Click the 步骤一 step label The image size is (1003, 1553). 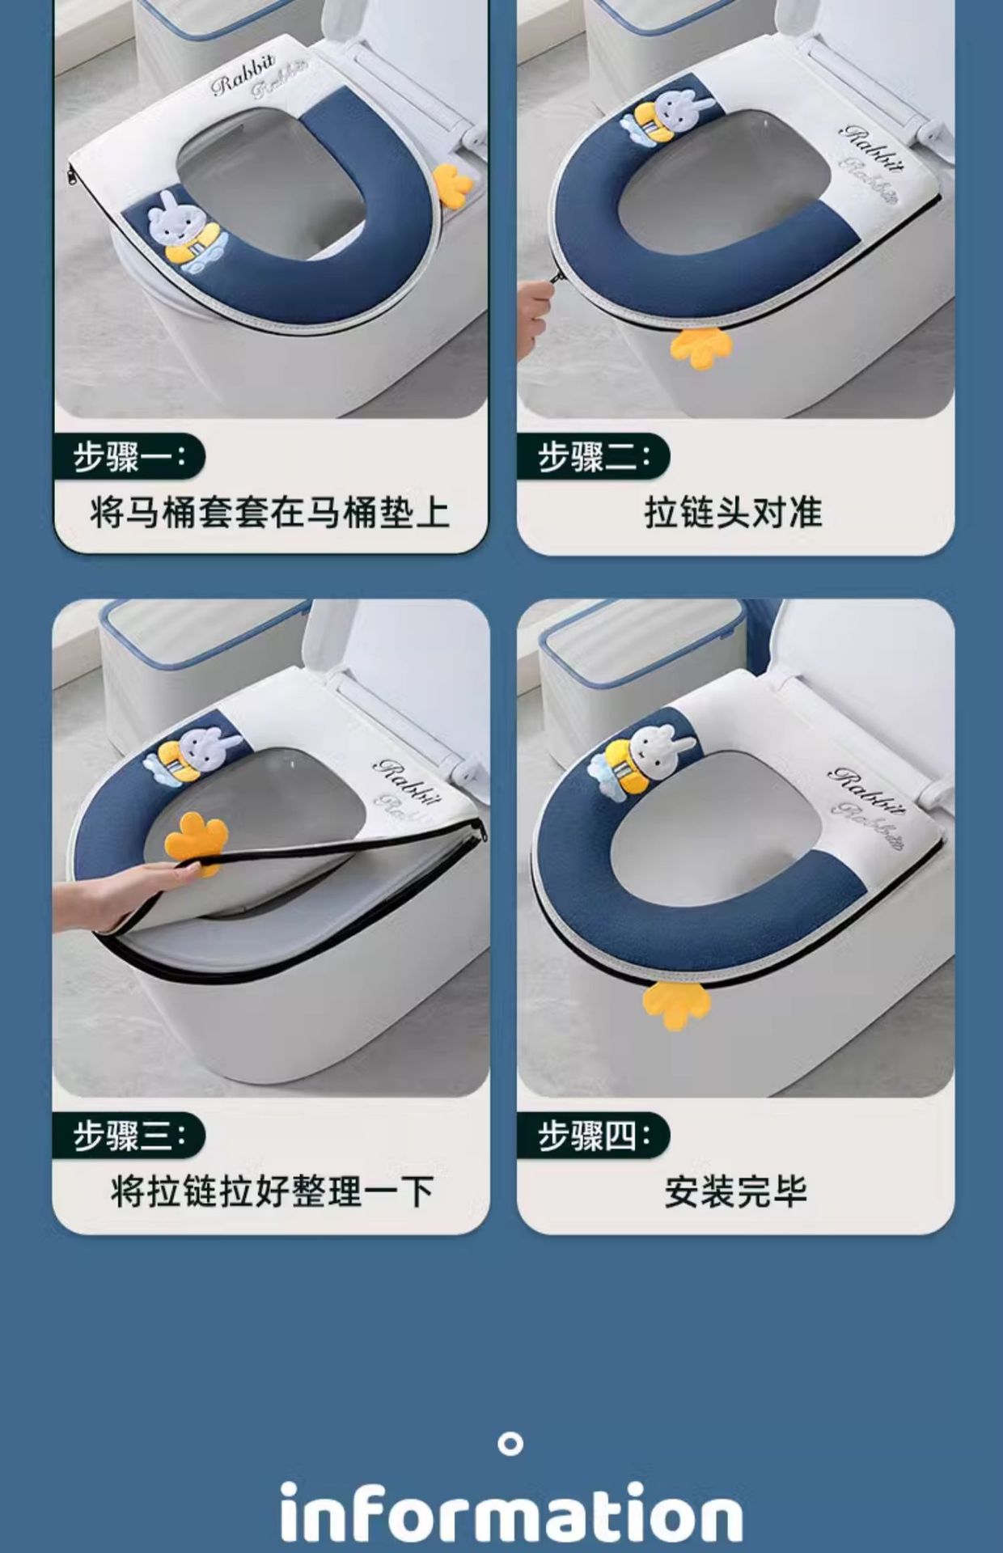click(129, 457)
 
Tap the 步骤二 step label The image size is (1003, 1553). click(594, 457)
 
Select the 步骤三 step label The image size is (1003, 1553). click(129, 1136)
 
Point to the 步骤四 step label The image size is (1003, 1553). click(594, 1136)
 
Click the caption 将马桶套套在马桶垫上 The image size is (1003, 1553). click(270, 513)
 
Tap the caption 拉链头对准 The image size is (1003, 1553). click(734, 513)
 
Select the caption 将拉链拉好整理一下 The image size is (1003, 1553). click(272, 1191)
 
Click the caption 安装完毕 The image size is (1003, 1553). click(735, 1191)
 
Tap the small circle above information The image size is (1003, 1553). click(510, 1444)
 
